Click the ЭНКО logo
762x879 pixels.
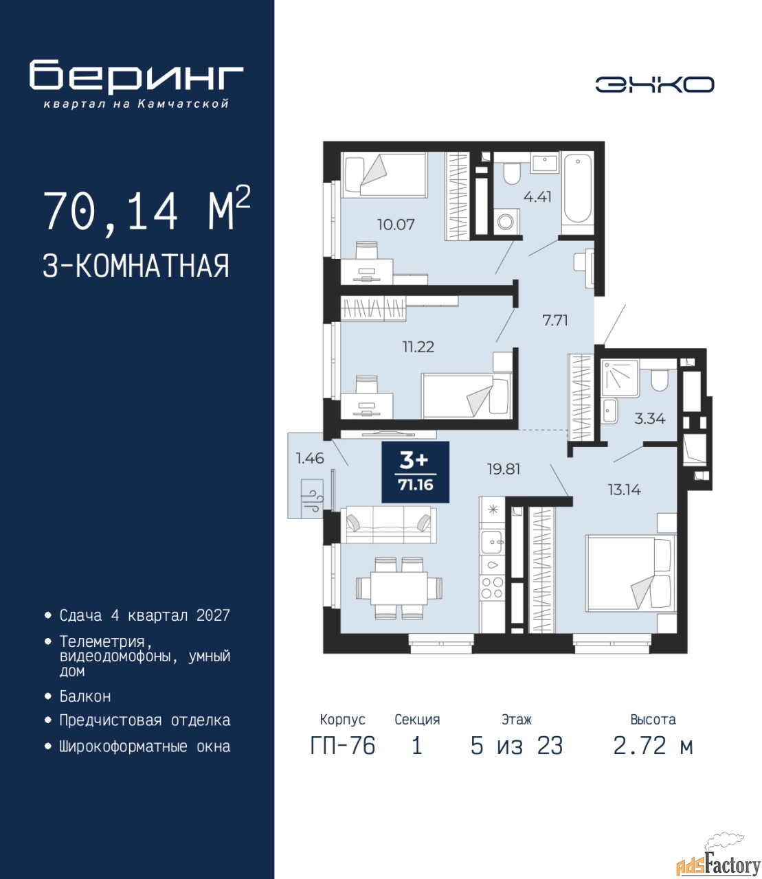coord(654,84)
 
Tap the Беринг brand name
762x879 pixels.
coord(136,77)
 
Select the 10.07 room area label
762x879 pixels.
coord(396,224)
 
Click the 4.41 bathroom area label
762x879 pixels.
coord(537,197)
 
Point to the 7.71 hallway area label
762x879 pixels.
coord(554,320)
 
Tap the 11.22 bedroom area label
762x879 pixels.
coord(418,347)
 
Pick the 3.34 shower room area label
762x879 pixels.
coord(650,419)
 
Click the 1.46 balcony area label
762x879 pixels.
coord(309,458)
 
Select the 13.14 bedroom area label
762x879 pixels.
coord(624,490)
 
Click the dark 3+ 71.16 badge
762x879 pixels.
coord(415,472)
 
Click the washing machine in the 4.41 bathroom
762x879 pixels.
coord(506,220)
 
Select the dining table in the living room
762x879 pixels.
coord(399,588)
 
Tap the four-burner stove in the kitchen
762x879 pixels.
coord(492,588)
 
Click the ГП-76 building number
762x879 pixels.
coord(343,746)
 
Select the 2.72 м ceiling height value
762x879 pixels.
coord(653,746)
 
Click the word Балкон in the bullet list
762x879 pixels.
coord(85,696)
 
